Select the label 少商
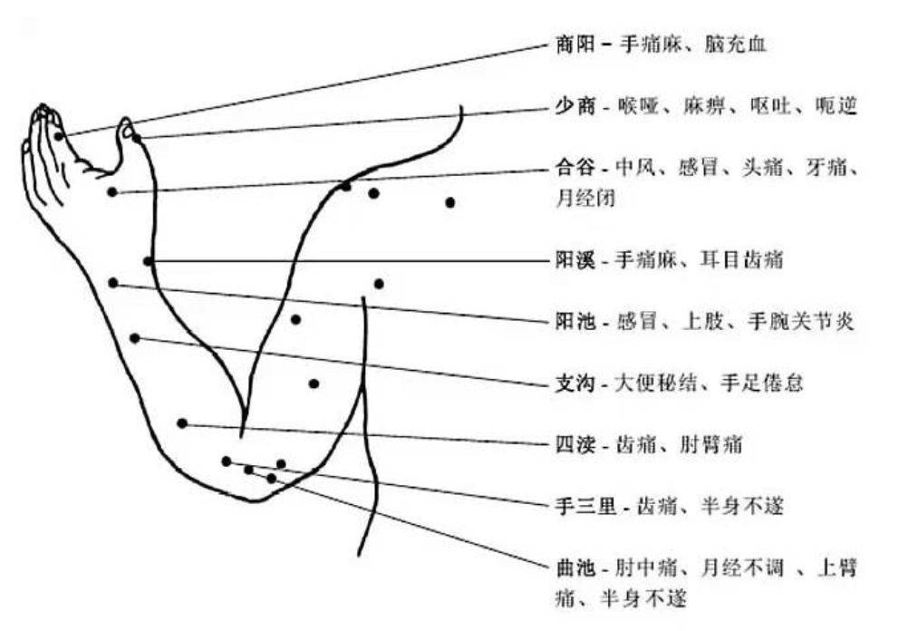(574, 106)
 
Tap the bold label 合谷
(574, 169)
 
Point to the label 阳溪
(574, 261)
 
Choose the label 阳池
(574, 322)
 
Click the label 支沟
(574, 383)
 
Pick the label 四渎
(574, 445)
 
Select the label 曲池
(574, 569)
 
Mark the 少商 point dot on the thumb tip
(135, 137)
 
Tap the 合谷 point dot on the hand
(111, 191)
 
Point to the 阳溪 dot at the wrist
(148, 261)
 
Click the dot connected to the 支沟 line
(134, 338)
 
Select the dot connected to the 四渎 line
(182, 423)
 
